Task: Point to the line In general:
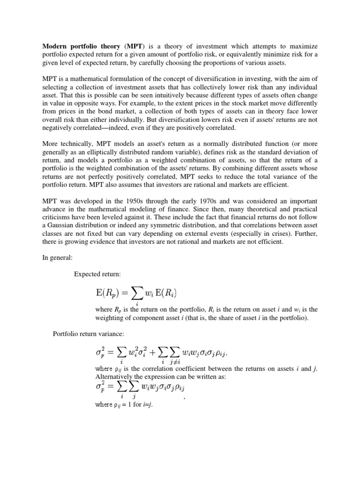pos(58,257)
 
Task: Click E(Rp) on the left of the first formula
pos(111,293)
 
